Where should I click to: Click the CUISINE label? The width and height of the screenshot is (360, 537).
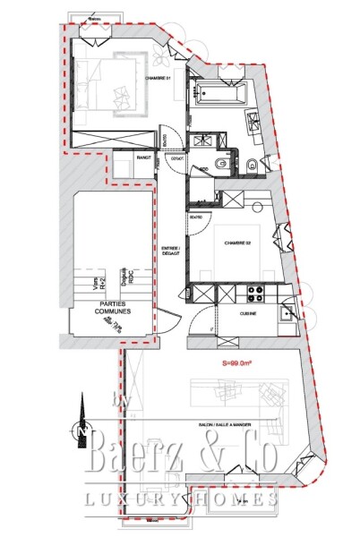click(x=248, y=314)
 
